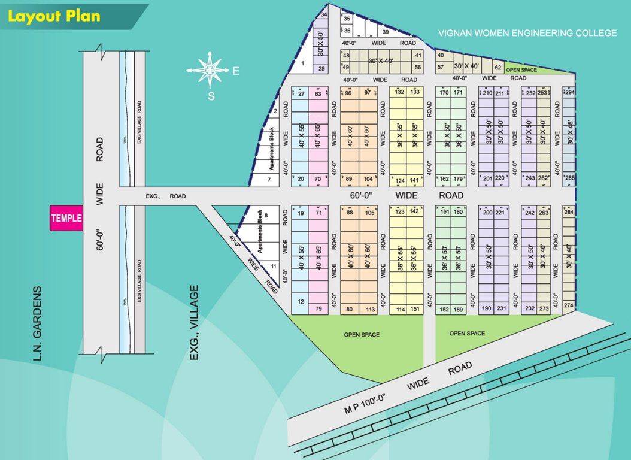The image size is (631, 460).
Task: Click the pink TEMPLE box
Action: tap(66, 219)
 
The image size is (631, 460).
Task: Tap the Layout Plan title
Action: tap(53, 16)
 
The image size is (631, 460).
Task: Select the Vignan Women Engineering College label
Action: tap(527, 33)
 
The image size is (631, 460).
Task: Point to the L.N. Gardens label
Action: tap(37, 324)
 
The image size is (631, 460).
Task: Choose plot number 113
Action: tap(371, 310)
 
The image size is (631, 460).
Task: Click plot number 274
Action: tap(569, 305)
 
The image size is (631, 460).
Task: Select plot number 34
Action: tap(324, 14)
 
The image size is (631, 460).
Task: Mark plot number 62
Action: tap(497, 67)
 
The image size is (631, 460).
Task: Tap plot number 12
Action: tap(301, 301)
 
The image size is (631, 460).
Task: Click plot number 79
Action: tap(318, 309)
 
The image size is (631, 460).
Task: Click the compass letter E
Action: tap(236, 71)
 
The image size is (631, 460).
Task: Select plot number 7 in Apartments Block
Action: tap(269, 180)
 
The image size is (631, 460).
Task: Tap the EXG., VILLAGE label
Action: tap(194, 323)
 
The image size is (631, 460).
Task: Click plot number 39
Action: tap(386, 32)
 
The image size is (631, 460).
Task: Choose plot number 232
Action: tap(530, 309)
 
